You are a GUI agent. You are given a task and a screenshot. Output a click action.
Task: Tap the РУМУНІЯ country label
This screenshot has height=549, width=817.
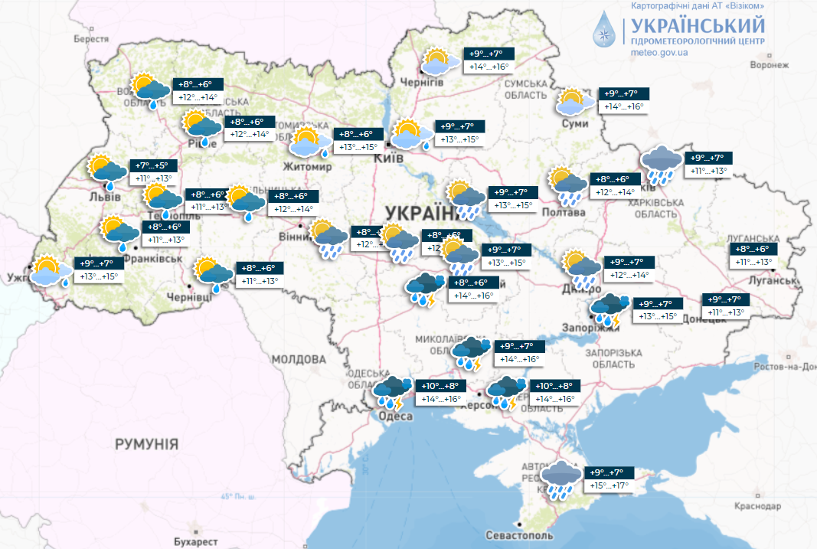[x=146, y=443]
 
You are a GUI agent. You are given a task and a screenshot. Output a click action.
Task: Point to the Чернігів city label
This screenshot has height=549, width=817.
[x=422, y=82]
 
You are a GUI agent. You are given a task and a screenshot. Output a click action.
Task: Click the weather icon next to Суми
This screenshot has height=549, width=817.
[x=575, y=103]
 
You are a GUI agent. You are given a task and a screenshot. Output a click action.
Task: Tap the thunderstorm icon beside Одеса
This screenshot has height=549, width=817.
[x=391, y=392]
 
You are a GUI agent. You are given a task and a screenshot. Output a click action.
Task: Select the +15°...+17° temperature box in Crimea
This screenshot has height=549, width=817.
[x=609, y=486]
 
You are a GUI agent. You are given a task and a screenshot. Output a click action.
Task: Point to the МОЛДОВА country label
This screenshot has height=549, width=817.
[x=298, y=358]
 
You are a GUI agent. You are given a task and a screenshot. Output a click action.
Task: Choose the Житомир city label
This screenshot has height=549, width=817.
[x=307, y=166]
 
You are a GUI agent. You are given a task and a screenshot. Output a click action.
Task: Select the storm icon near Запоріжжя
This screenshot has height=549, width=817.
[x=610, y=309]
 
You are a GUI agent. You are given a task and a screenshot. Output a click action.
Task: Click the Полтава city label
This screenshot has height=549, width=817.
[x=565, y=211]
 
